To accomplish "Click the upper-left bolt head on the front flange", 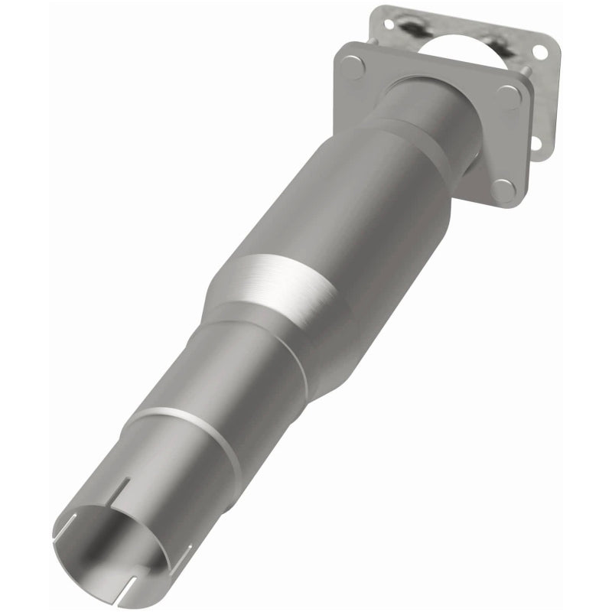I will click(353, 67).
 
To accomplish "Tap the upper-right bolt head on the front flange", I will click(507, 96).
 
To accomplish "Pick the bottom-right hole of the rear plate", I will click(535, 142).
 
